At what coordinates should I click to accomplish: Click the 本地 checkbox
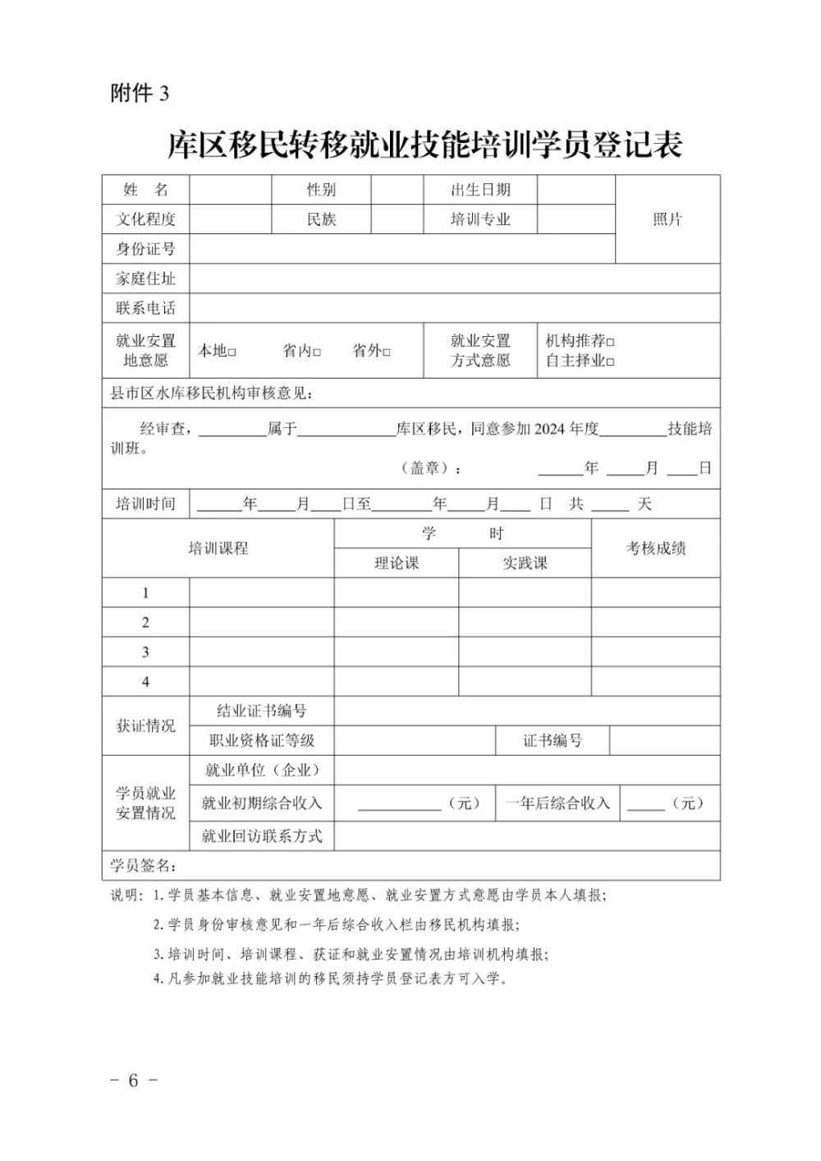click(x=232, y=352)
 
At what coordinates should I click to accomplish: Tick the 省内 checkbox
click(x=317, y=352)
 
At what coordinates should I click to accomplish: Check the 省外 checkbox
click(x=387, y=352)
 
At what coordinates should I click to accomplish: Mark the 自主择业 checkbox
click(x=610, y=362)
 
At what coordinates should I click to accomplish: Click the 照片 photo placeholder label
click(x=667, y=219)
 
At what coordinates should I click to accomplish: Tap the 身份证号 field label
click(x=145, y=249)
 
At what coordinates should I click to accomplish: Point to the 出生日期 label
click(x=480, y=190)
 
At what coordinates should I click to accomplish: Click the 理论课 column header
click(x=397, y=564)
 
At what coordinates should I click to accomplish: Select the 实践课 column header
click(x=525, y=564)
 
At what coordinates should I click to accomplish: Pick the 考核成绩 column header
click(x=656, y=549)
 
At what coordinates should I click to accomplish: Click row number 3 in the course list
click(x=145, y=652)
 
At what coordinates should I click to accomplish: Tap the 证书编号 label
click(x=553, y=741)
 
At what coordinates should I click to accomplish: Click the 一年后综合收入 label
click(x=557, y=804)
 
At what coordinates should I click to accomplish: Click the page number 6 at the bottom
click(x=133, y=1080)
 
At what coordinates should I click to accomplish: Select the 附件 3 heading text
click(x=140, y=94)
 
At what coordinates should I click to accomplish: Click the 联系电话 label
click(x=145, y=308)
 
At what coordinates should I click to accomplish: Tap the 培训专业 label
click(x=480, y=219)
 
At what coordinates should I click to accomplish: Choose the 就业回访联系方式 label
click(x=262, y=836)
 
